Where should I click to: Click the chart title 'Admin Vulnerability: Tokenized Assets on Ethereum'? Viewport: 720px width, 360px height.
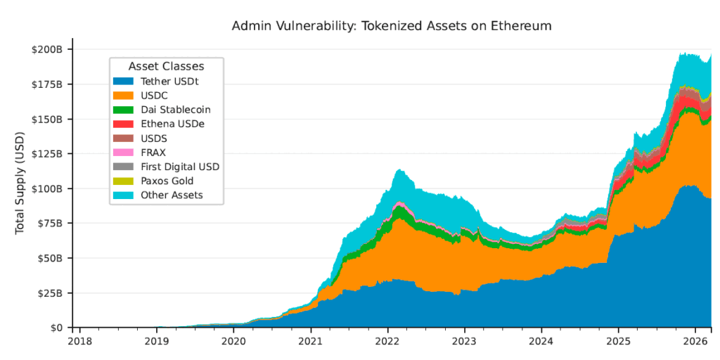392,26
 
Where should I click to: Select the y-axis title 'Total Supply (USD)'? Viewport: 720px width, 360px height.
20,188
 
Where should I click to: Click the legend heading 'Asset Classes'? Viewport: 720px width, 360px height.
166,66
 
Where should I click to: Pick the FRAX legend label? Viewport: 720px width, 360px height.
155,153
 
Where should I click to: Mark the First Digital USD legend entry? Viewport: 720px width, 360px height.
181,167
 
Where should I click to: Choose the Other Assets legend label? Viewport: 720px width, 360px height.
172,195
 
